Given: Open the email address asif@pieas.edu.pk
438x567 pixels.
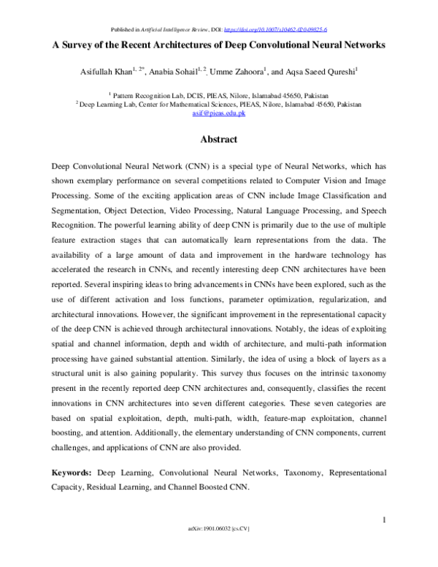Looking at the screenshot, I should [x=219, y=114].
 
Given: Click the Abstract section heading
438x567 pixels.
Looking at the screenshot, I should [x=219, y=139].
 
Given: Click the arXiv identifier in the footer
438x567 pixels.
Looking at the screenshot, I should [x=219, y=548].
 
